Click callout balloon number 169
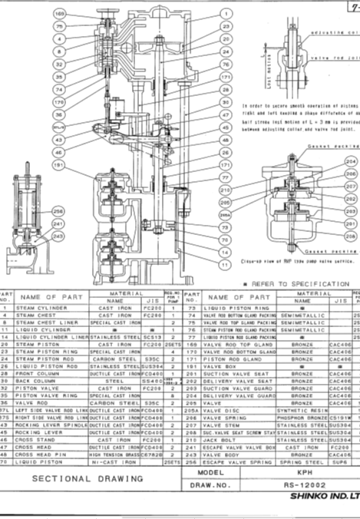[60, 14]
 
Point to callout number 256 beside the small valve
[58, 211]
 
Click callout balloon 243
[58, 236]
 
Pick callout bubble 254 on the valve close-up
[351, 163]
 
